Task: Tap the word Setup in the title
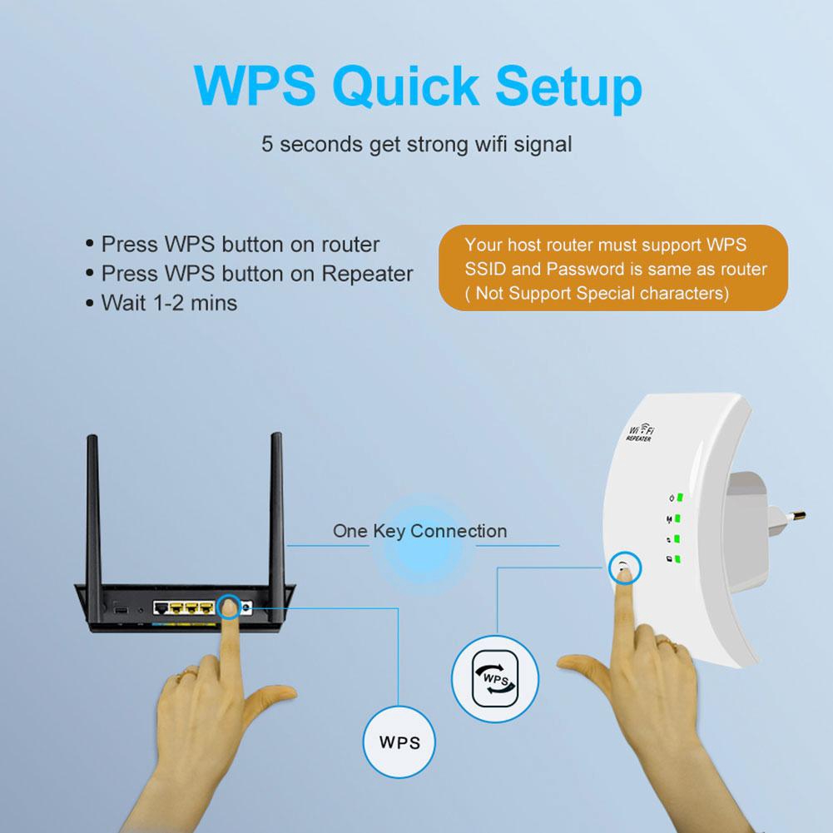pyautogui.click(x=564, y=85)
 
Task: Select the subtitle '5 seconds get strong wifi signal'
pyautogui.click(x=416, y=144)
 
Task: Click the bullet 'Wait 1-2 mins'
pyautogui.click(x=169, y=302)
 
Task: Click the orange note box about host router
pyautogui.click(x=613, y=269)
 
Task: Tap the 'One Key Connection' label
pyautogui.click(x=419, y=530)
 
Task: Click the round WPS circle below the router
pyautogui.click(x=399, y=740)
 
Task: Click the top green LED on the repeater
pyautogui.click(x=679, y=498)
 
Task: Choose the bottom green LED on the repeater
pyautogui.click(x=679, y=559)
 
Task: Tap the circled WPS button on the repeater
pyautogui.click(x=623, y=569)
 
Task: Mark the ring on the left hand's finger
pyautogui.click(x=192, y=671)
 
